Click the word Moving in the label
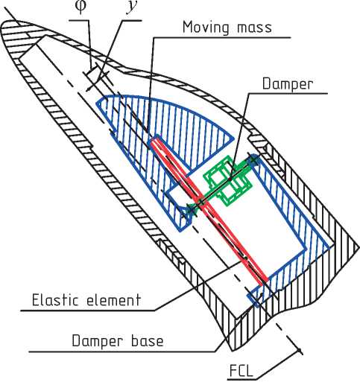tap(206, 27)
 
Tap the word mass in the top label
tap(254, 28)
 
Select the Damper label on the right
tap(288, 84)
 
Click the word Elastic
tap(56, 299)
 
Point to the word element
tap(113, 299)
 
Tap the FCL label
tap(241, 371)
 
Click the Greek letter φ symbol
tap(80, 6)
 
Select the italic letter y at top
tap(131, 7)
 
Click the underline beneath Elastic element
tap(88, 311)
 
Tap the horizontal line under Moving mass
tap(222, 38)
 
